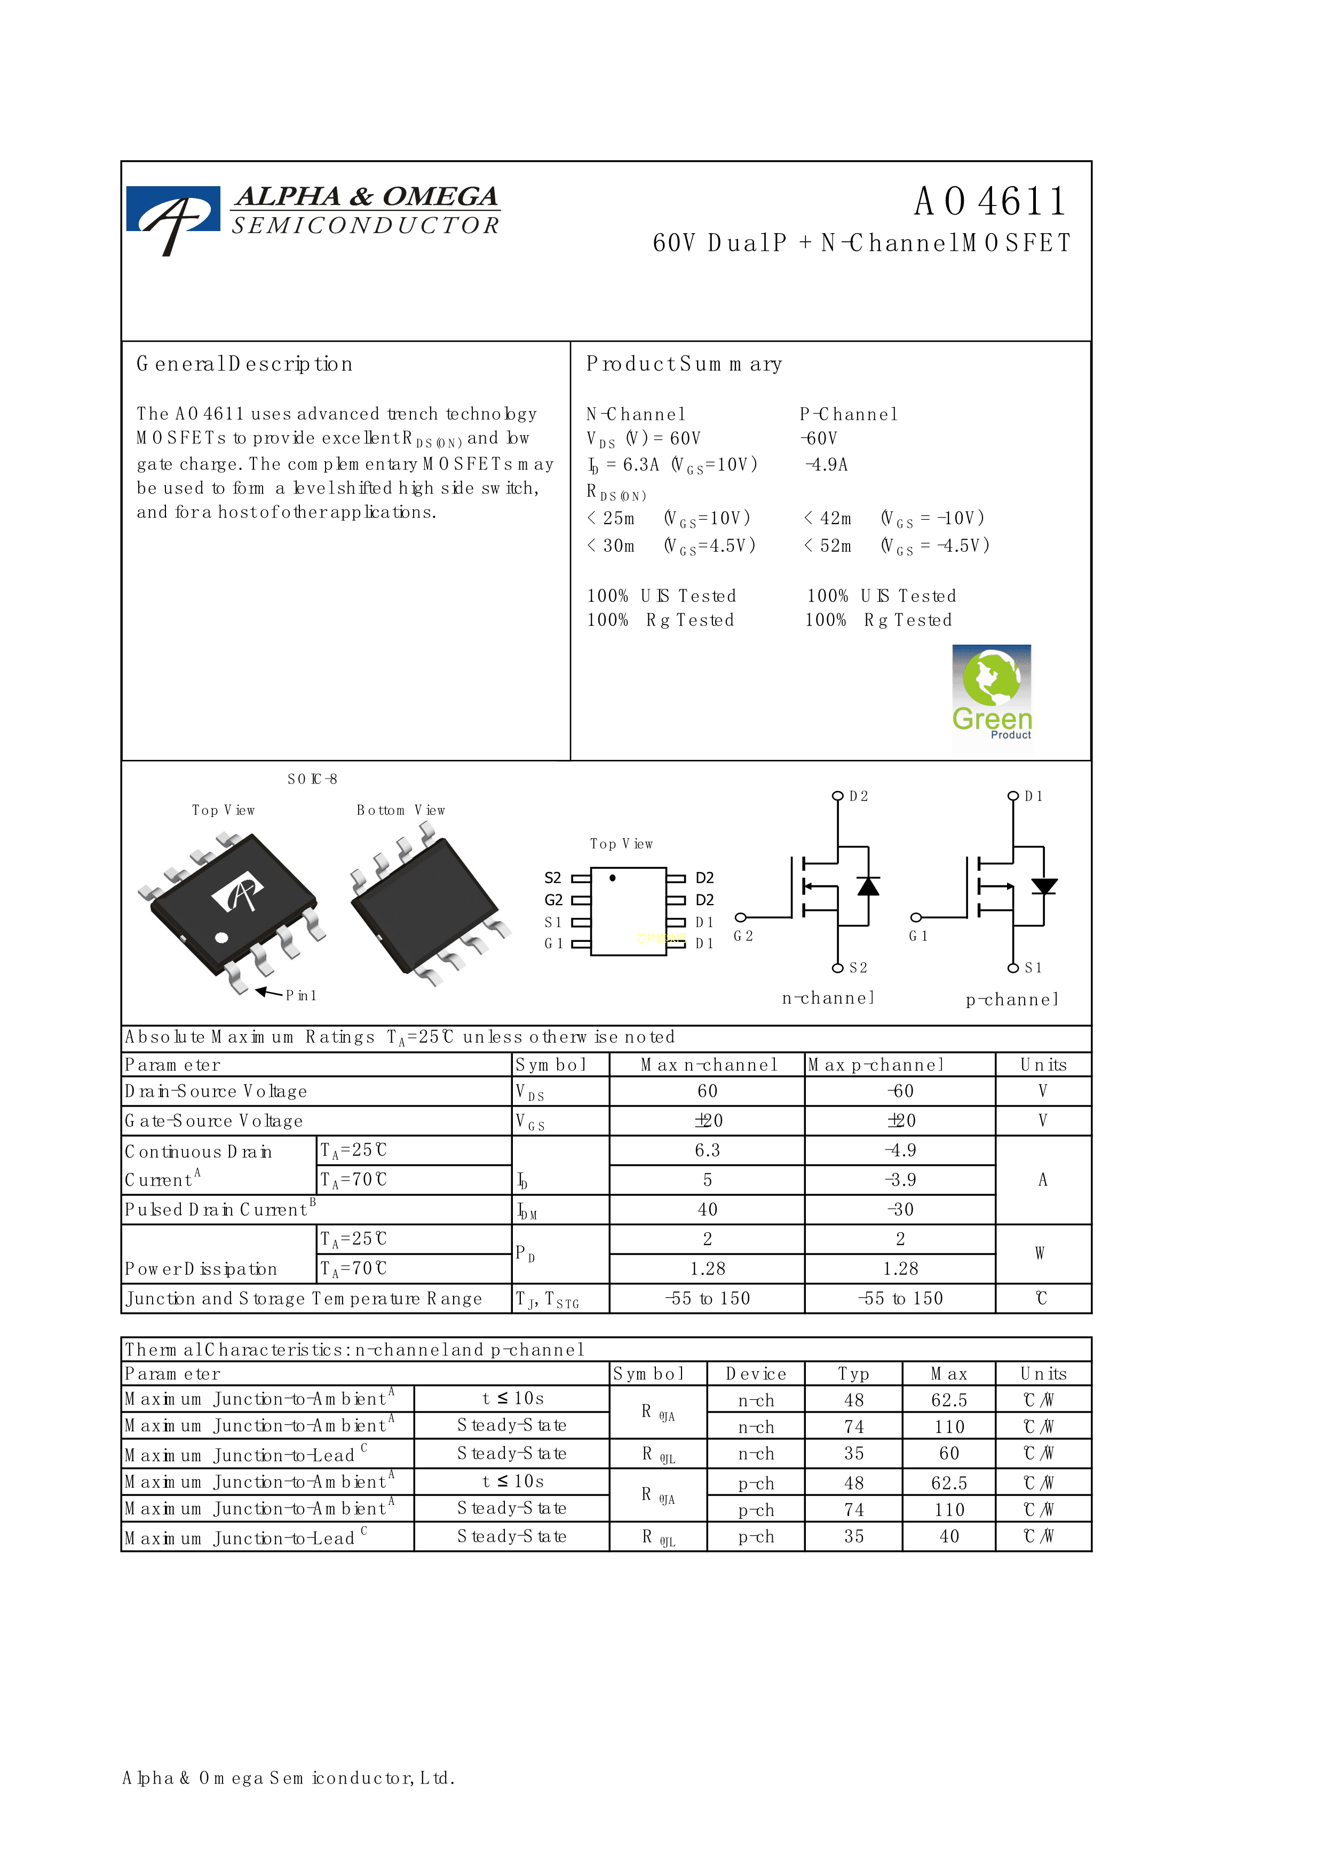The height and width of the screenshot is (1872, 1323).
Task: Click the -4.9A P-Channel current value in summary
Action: coord(827,465)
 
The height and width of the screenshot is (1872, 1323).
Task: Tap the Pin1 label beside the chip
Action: coord(301,996)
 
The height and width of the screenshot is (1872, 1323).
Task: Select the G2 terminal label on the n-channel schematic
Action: coord(743,936)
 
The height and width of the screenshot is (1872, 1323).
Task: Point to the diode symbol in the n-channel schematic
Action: coord(869,886)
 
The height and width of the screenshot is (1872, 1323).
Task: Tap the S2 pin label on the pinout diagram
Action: coord(553,878)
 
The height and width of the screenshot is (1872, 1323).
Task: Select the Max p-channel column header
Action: coord(875,1065)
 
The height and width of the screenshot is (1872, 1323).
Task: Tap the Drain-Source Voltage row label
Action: coord(216,1092)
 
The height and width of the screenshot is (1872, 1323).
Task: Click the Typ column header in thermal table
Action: coord(853,1374)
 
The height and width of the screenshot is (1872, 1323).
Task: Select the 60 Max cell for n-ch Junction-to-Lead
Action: coord(949,1454)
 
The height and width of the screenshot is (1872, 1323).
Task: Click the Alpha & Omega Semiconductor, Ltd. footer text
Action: coord(289,1778)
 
